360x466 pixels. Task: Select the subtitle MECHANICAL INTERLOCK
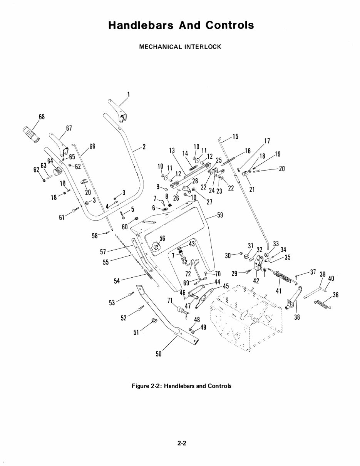[180, 47]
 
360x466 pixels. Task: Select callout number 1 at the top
[129, 94]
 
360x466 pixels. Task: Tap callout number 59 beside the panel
[220, 216]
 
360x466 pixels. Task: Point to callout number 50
[158, 354]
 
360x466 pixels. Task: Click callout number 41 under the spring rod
[279, 291]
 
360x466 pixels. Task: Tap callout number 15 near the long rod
[235, 136]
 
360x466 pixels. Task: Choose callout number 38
[297, 317]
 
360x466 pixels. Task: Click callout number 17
[266, 141]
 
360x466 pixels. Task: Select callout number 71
[169, 300]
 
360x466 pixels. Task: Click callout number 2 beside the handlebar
[144, 147]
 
